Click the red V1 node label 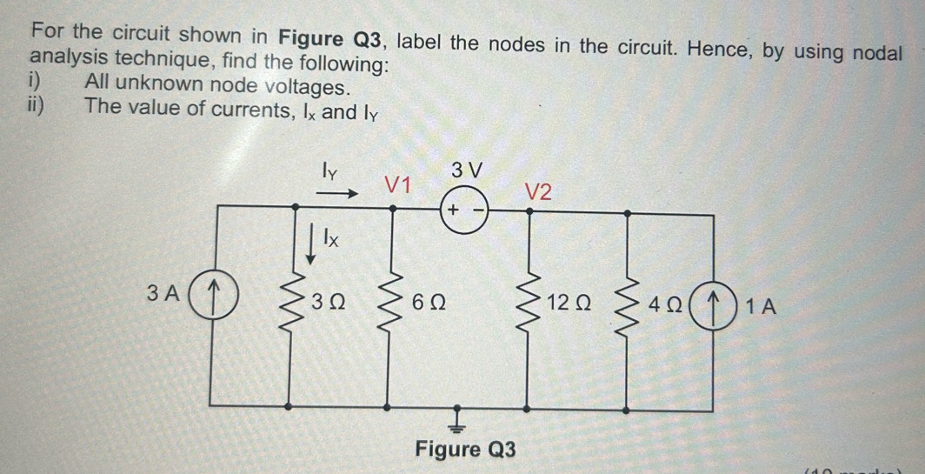(397, 184)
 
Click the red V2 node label (538, 192)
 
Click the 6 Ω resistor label (429, 304)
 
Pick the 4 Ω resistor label (670, 304)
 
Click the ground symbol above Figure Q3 (458, 421)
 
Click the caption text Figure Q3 (464, 450)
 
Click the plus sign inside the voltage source (454, 210)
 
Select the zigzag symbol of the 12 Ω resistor (528, 304)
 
